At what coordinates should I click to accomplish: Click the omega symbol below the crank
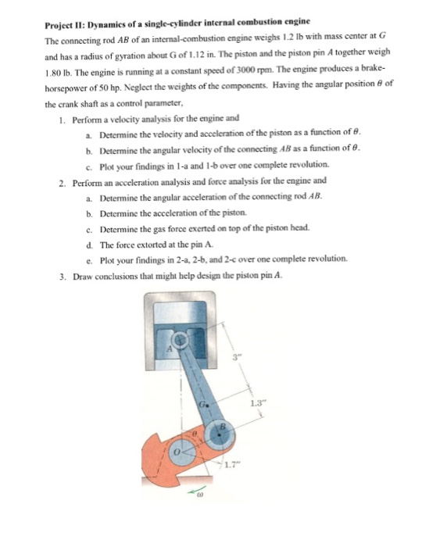click(197, 498)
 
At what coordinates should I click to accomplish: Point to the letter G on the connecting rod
click(201, 404)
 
